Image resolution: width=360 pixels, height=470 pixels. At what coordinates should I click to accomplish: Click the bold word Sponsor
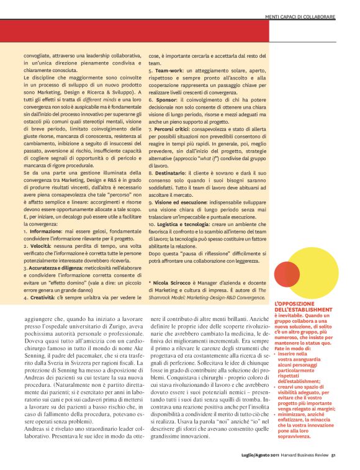pos(165,99)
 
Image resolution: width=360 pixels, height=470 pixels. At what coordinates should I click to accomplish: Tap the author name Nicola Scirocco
pos(171,281)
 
